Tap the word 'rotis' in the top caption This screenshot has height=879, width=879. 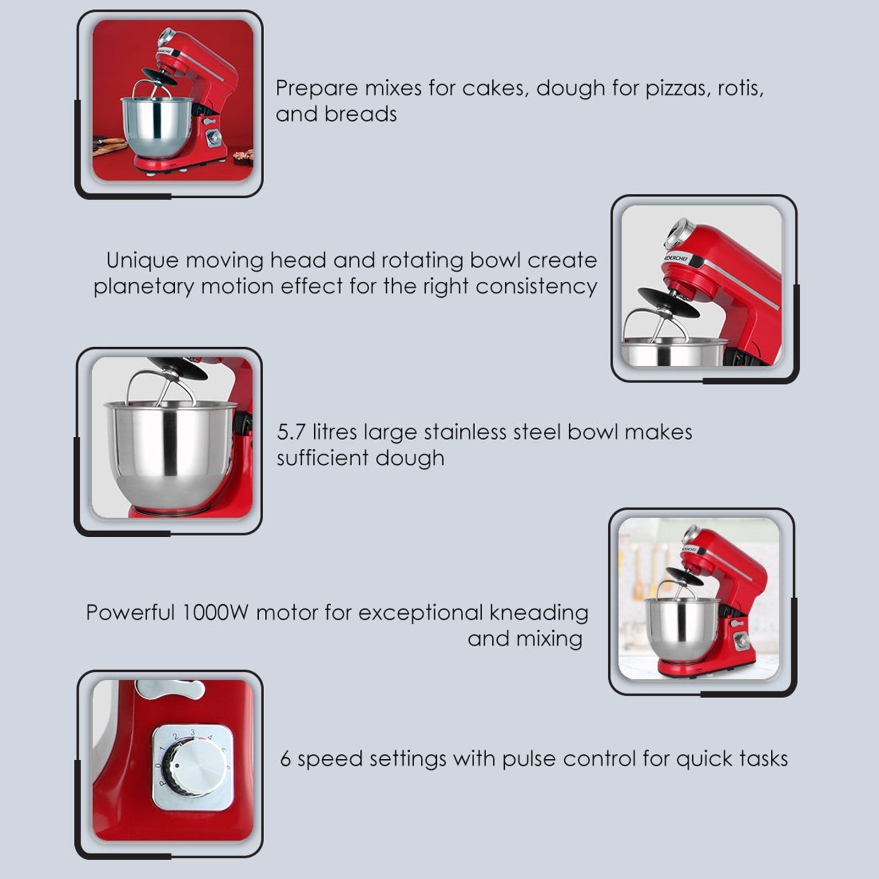[x=739, y=88]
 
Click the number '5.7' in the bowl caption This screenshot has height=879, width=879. [x=291, y=432]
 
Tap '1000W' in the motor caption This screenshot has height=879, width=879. [x=215, y=613]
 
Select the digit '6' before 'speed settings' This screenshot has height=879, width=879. [x=286, y=759]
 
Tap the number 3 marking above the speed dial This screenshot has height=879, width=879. [x=192, y=732]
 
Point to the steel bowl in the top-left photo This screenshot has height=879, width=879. [x=157, y=126]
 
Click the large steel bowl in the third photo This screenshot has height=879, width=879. [x=170, y=450]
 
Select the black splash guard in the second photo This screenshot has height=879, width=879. [x=668, y=301]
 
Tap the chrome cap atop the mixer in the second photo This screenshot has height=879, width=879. [x=679, y=232]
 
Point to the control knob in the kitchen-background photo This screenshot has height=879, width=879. [x=741, y=641]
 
